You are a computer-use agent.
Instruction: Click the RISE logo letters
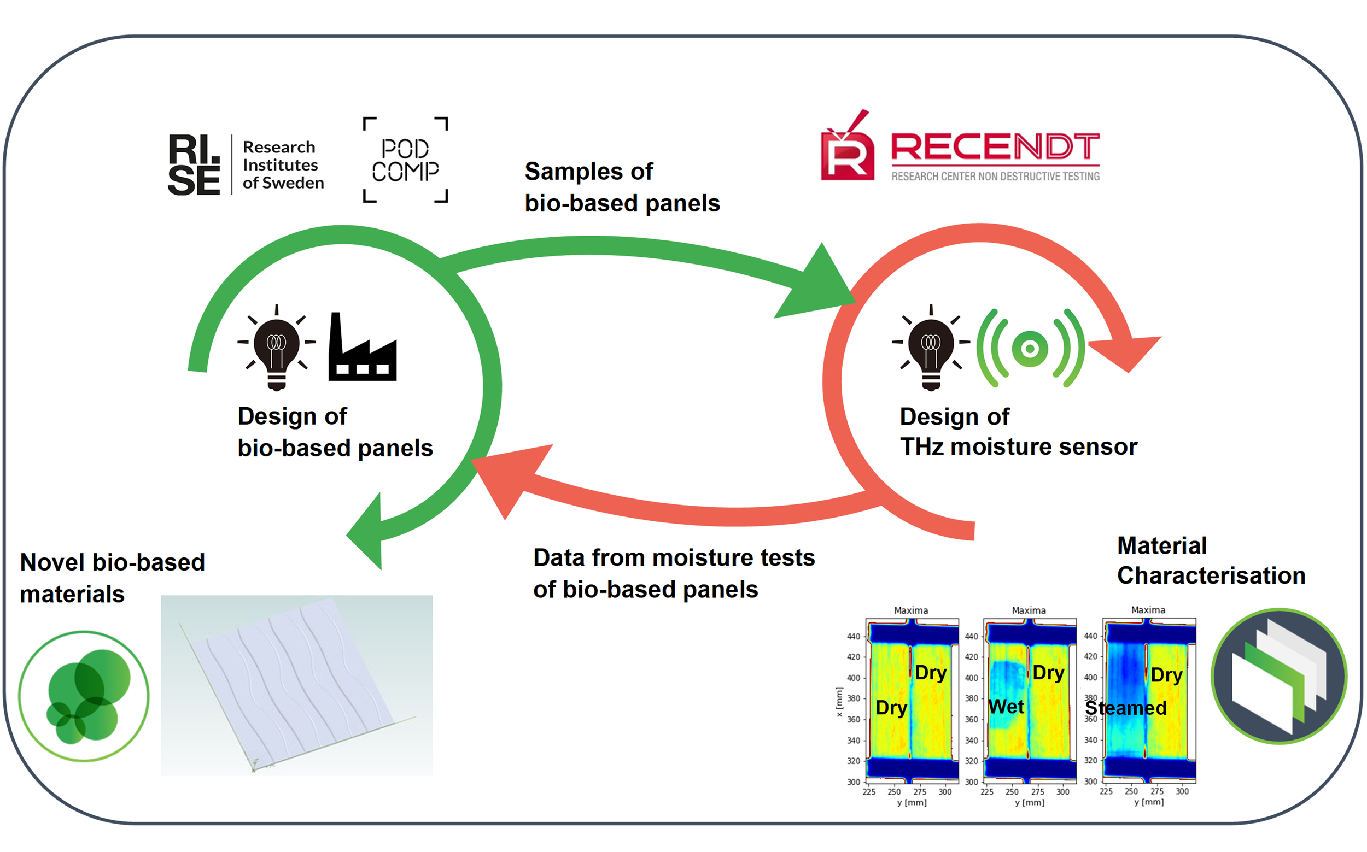click(194, 164)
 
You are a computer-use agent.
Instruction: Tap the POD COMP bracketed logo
click(405, 160)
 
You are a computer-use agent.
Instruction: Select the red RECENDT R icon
click(846, 149)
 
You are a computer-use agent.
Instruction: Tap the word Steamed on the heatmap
click(1126, 708)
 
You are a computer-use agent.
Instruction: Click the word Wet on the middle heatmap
click(1006, 706)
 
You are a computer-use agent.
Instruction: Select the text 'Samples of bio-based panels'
click(622, 187)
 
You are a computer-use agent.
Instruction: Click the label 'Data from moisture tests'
click(674, 558)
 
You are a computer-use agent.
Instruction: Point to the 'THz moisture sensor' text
click(1018, 447)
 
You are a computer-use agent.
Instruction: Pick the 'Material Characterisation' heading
click(1210, 561)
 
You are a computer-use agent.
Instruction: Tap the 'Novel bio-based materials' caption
click(112, 578)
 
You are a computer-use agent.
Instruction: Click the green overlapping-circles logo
click(84, 696)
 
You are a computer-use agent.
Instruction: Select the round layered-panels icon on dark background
click(1278, 676)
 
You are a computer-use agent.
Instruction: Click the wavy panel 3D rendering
click(296, 685)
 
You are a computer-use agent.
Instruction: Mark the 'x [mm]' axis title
click(839, 702)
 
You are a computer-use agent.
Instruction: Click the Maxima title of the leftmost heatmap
click(911, 610)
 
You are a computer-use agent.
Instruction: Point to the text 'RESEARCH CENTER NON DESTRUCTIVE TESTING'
click(995, 177)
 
